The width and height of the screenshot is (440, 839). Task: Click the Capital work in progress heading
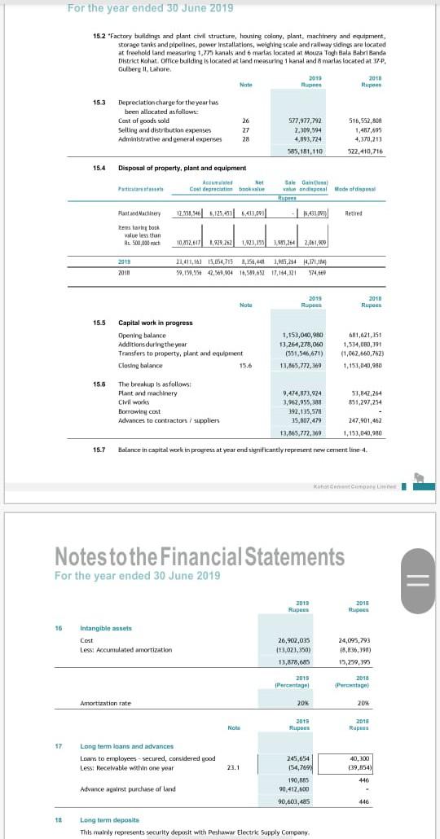[156, 323]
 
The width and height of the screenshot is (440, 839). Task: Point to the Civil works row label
[133, 402]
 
